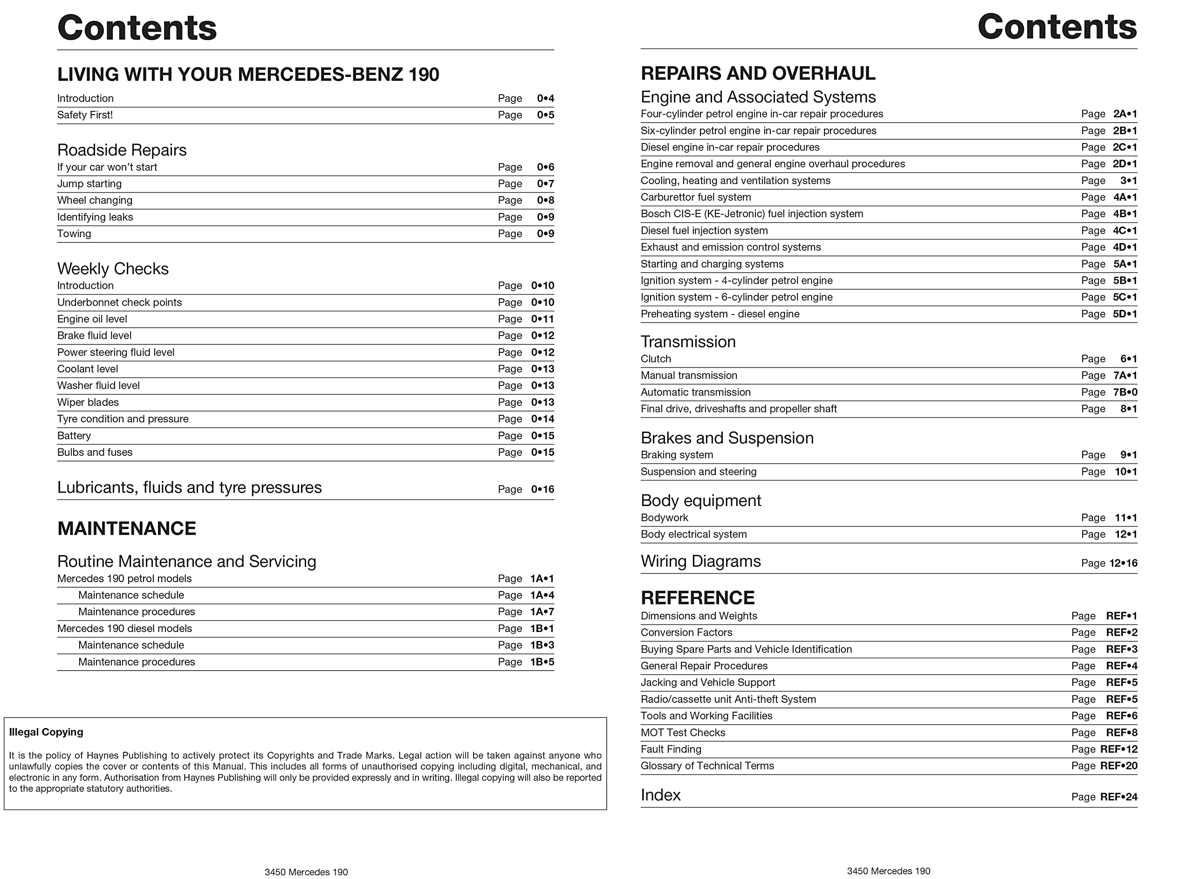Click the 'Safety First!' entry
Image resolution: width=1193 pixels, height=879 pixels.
point(85,115)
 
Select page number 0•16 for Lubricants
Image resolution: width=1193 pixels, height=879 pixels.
point(542,489)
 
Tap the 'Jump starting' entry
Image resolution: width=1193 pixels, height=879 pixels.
point(89,184)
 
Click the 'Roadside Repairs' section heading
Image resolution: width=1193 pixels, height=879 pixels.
point(122,150)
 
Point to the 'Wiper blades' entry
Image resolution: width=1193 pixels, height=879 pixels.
point(88,402)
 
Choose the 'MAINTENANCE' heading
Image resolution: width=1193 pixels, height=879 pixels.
point(127,529)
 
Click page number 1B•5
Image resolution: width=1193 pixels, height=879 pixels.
point(542,662)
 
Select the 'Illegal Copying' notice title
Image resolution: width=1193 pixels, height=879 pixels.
point(46,732)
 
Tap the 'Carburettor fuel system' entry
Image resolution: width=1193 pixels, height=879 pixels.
point(696,198)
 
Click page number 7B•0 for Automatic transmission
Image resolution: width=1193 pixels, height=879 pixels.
point(1125,392)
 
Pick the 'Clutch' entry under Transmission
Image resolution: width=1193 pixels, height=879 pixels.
point(656,358)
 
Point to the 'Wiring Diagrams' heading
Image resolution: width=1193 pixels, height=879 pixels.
point(700,561)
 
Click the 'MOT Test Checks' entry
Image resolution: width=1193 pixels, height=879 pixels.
point(683,733)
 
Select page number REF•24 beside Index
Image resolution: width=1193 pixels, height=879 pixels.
point(1118,797)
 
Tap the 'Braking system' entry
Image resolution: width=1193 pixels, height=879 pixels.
point(677,455)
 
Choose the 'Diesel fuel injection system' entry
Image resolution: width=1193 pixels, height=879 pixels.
point(704,230)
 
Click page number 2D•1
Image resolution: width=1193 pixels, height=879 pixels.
point(1124,164)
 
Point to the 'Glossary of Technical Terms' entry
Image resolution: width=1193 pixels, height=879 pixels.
point(707,766)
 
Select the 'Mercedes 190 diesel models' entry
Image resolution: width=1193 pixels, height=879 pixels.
point(124,628)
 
